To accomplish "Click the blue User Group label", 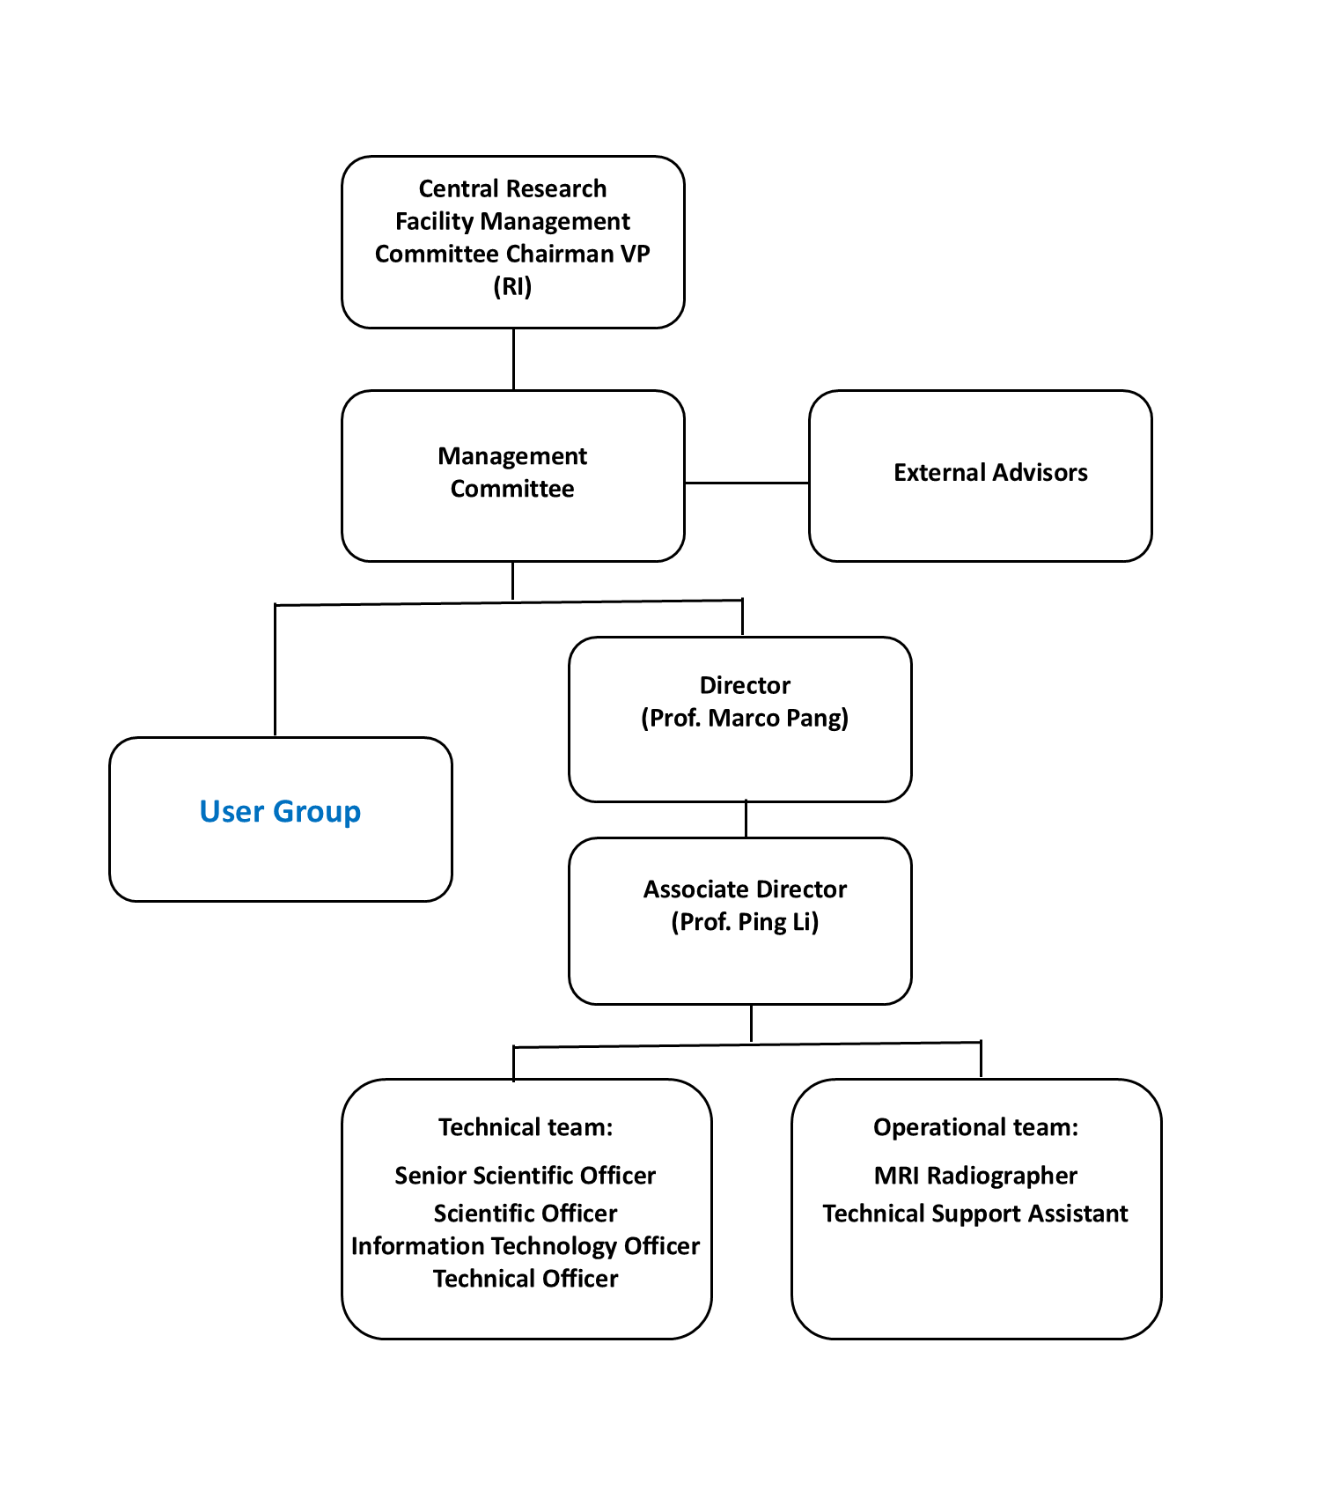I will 280,811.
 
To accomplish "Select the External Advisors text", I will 990,473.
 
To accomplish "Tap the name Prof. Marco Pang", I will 745,719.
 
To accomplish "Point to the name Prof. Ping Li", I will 745,922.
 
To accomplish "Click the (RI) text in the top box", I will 512,286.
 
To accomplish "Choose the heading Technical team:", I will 526,1127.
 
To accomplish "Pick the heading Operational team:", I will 975,1127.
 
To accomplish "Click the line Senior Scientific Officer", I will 526,1176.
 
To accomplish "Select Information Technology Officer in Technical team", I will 526,1246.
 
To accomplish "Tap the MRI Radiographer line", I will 975,1176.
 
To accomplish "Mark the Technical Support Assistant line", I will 975,1214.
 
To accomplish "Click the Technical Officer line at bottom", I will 526,1279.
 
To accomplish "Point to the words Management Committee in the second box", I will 512,472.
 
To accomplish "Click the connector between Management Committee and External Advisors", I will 746,483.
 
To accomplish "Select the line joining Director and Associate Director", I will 746,819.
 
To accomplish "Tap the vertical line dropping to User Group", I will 276,669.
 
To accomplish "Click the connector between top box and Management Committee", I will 513,359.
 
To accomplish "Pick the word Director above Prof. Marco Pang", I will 745,685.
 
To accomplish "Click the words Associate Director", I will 745,889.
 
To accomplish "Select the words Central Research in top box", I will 512,188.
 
